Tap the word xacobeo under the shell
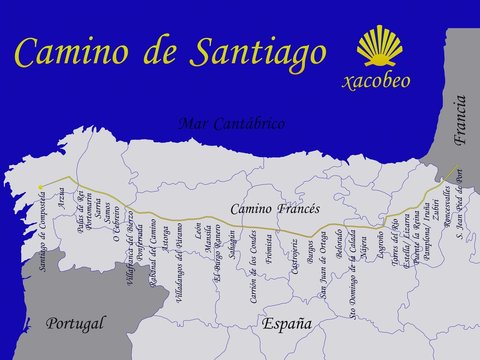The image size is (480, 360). (x=376, y=79)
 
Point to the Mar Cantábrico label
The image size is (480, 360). (x=231, y=124)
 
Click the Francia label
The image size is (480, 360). (x=459, y=121)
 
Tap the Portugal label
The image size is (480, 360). (x=76, y=323)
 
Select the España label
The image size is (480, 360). (x=287, y=323)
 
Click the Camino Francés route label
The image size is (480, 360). (x=275, y=209)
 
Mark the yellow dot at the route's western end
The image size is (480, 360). (x=40, y=187)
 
